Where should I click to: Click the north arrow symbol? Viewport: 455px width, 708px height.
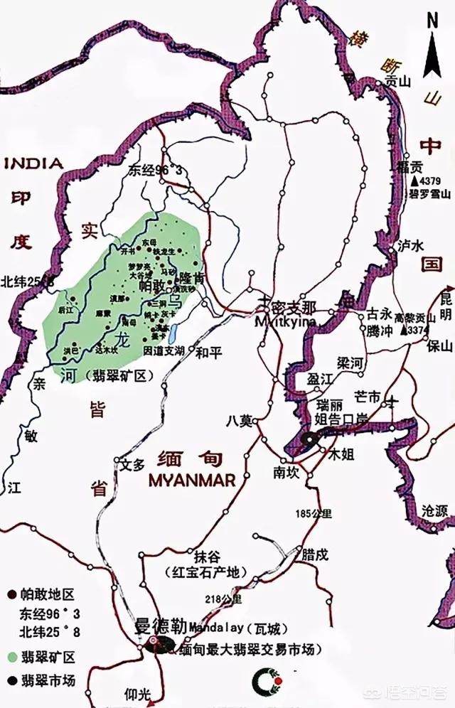432,50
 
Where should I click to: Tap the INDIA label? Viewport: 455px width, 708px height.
33,163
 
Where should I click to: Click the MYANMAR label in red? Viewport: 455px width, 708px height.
192,481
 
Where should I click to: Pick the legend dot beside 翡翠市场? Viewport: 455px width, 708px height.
12,679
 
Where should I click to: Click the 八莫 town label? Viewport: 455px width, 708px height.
240,420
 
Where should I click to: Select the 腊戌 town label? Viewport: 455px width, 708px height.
314,553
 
